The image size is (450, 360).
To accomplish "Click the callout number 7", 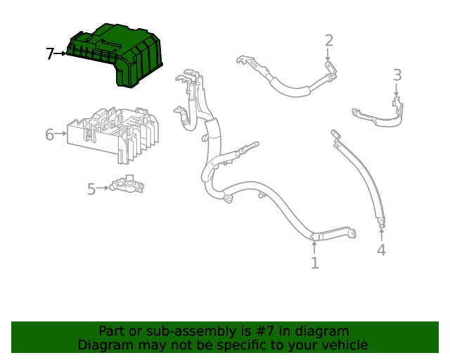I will click(50, 53).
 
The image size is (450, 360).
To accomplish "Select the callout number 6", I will click(49, 134).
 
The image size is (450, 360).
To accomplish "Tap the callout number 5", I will click(91, 188).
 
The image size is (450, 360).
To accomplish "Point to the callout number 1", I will click(314, 263).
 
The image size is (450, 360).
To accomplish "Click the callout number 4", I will click(381, 250).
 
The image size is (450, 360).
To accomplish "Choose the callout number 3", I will click(397, 75).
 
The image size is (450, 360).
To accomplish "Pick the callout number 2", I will click(328, 41).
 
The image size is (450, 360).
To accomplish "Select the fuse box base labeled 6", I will click(112, 134).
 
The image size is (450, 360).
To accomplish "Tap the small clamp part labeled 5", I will click(129, 186).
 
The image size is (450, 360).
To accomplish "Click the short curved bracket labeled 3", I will click(380, 115).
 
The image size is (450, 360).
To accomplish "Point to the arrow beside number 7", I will click(61, 53).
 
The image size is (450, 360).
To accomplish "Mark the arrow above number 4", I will click(381, 233).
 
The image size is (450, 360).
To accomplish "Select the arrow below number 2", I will click(328, 56).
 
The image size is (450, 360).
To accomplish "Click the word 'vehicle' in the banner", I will click(344, 345).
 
